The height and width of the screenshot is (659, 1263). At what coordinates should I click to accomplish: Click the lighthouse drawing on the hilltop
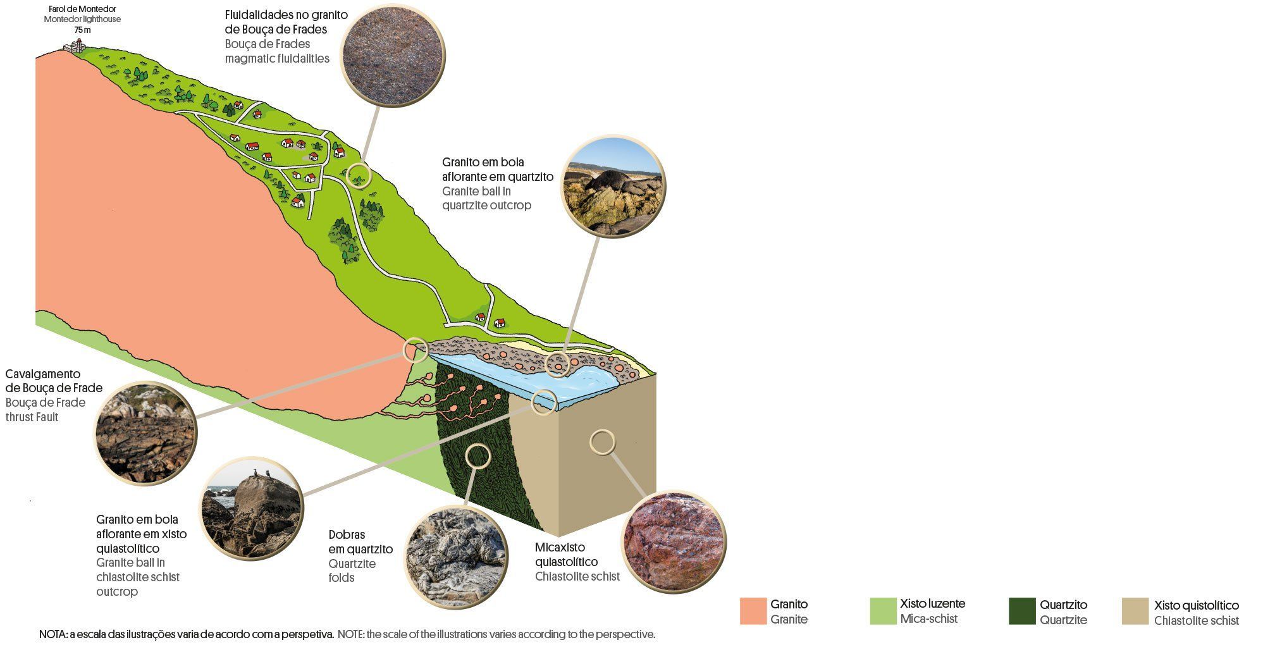click(77, 46)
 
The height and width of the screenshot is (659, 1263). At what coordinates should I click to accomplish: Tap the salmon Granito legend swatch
click(753, 611)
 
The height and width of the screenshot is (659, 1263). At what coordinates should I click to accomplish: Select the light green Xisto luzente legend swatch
click(883, 611)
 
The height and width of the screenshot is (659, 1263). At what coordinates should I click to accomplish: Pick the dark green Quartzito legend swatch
click(1022, 611)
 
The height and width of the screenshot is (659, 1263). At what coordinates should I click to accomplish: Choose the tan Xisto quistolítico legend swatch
click(1135, 611)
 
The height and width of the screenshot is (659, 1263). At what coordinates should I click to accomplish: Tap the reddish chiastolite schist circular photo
click(674, 542)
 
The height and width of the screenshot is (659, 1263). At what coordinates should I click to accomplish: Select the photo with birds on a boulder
click(252, 508)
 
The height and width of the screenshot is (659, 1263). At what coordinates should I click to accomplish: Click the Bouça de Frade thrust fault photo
click(145, 433)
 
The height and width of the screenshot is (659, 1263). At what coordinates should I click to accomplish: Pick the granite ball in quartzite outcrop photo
click(613, 187)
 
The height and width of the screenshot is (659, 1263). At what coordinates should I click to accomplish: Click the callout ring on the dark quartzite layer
click(477, 455)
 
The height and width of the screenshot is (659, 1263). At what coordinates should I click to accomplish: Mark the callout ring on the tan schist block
click(602, 442)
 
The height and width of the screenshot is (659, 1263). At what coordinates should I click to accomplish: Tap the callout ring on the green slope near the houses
click(359, 174)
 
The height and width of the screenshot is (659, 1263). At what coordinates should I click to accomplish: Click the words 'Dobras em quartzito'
click(360, 542)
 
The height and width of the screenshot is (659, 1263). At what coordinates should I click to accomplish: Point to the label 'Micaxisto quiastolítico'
click(566, 554)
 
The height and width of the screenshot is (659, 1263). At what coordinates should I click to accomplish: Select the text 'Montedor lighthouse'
click(82, 20)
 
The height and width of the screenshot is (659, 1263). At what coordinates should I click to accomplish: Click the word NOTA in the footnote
click(52, 634)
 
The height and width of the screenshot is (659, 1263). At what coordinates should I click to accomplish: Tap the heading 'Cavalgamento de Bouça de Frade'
click(54, 381)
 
